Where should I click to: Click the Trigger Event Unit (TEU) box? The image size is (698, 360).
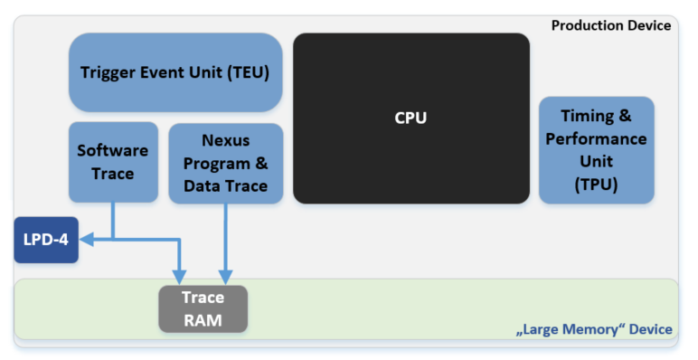175,72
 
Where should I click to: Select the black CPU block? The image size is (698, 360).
410,118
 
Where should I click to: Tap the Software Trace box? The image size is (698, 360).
113,162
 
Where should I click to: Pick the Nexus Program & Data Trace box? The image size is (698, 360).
225,163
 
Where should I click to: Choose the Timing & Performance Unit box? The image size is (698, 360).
596,150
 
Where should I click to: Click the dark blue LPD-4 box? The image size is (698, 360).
45,240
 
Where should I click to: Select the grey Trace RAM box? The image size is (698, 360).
203,308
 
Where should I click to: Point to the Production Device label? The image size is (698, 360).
611,25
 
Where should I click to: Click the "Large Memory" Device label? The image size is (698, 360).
594,329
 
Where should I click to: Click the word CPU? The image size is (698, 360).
410,118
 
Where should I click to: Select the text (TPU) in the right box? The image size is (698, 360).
596,184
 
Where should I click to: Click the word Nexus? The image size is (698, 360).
225,140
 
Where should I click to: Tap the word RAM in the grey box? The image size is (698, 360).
203,318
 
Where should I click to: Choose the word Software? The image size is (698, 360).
113,151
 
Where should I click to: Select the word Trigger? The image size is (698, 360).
108,72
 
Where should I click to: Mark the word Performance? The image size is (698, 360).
596,139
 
